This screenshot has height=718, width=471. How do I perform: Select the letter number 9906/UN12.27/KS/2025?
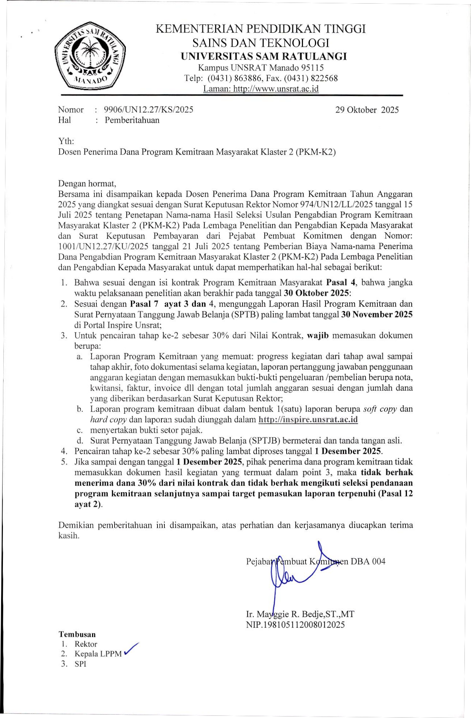pyautogui.click(x=148, y=110)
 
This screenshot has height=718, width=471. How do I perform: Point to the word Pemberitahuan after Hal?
pyautogui.click(x=132, y=120)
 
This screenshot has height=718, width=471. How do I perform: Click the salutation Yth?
pyautogui.click(x=66, y=141)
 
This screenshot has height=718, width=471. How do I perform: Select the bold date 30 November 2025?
pyautogui.click(x=376, y=314)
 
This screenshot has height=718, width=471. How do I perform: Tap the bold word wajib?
pyautogui.click(x=318, y=335)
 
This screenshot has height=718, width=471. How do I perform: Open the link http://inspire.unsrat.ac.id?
pyautogui.click(x=308, y=420)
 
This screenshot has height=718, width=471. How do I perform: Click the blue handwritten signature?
pyautogui.click(x=291, y=574)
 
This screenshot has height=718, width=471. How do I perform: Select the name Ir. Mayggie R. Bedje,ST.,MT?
pyautogui.click(x=300, y=614)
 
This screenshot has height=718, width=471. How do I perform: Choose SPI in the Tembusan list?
pyautogui.click(x=80, y=664)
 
